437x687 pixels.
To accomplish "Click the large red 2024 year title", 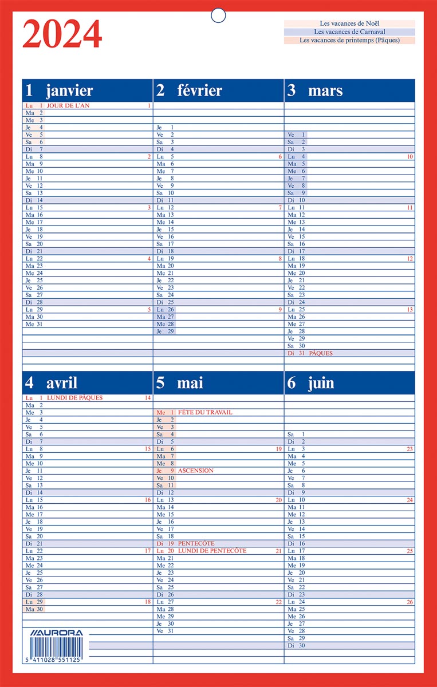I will pyautogui.click(x=62, y=34).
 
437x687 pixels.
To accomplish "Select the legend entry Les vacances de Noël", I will pyautogui.click(x=349, y=24).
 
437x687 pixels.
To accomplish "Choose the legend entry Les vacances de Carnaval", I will pyautogui.click(x=349, y=32).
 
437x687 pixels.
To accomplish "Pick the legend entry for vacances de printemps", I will pyautogui.click(x=349, y=41).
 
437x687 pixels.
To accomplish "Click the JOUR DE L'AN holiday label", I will pyautogui.click(x=68, y=106).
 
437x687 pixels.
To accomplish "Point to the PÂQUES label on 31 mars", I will pyautogui.click(x=321, y=353).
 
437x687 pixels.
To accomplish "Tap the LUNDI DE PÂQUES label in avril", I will pyautogui.click(x=74, y=397).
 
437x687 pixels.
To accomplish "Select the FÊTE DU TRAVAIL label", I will pyautogui.click(x=205, y=412).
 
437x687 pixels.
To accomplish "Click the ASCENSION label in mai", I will pyautogui.click(x=195, y=471).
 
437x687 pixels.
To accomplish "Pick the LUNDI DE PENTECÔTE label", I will pyautogui.click(x=212, y=551).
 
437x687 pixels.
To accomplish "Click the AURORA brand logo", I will pyautogui.click(x=56, y=633).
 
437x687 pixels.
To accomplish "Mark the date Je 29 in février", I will pyautogui.click(x=165, y=331).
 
